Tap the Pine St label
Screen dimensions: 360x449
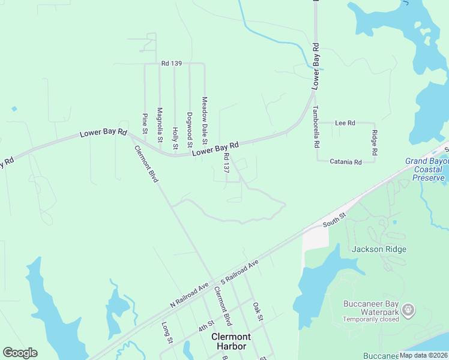click(x=145, y=122)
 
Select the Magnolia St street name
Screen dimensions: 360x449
click(x=160, y=125)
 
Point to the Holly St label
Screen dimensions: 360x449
click(x=175, y=138)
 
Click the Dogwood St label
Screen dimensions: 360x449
click(x=189, y=130)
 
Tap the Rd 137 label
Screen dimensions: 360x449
click(x=226, y=163)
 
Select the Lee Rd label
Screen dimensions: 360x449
click(x=345, y=122)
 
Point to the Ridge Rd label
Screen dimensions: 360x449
click(x=374, y=142)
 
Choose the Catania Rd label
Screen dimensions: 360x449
click(x=346, y=162)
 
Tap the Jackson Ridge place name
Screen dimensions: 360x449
click(x=379, y=249)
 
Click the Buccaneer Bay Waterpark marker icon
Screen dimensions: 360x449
click(x=409, y=310)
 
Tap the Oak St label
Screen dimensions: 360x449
click(x=258, y=311)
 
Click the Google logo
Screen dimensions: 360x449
click(x=20, y=353)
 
